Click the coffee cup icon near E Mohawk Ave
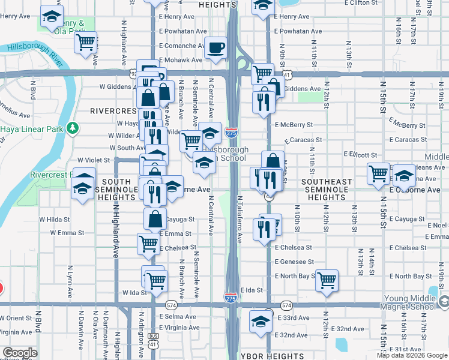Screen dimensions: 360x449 point(215,47)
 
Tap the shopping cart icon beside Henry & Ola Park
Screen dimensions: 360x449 point(86,42)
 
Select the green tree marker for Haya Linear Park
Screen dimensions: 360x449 point(73,127)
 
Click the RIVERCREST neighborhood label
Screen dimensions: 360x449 point(114,111)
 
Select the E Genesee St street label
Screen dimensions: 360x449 point(294,262)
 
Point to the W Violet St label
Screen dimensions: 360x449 point(94,160)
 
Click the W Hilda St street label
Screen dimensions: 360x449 point(55,220)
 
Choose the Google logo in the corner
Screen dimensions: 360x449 point(20,353)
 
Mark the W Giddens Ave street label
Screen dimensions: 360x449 point(119,86)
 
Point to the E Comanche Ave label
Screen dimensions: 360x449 point(181,46)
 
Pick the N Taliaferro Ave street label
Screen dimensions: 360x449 point(239,219)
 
